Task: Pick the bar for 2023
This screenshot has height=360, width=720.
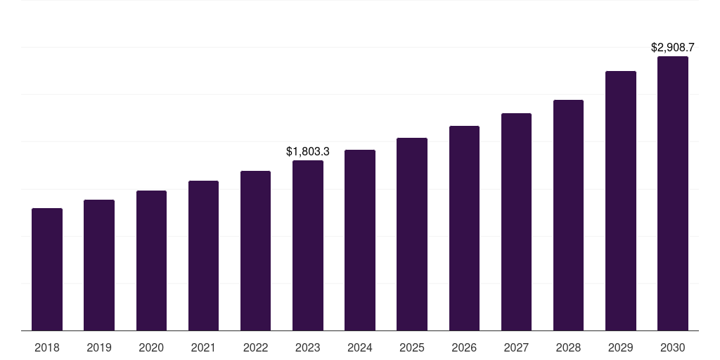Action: click(x=308, y=245)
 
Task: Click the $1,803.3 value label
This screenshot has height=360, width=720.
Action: click(x=308, y=151)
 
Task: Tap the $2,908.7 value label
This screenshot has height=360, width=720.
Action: click(x=673, y=48)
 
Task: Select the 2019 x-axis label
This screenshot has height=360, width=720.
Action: click(x=99, y=347)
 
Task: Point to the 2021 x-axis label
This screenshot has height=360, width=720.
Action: click(x=203, y=347)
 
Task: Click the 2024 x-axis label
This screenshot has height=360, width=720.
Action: click(x=360, y=347)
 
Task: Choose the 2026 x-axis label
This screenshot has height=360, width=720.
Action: click(x=464, y=347)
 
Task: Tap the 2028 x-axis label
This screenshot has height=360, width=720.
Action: click(x=568, y=347)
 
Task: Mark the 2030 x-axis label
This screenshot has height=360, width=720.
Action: click(x=673, y=347)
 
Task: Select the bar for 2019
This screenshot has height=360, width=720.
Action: click(x=99, y=265)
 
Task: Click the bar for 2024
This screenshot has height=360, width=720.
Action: click(x=360, y=240)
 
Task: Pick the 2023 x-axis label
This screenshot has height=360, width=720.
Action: click(x=308, y=347)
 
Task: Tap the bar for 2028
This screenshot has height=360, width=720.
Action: click(x=568, y=215)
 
